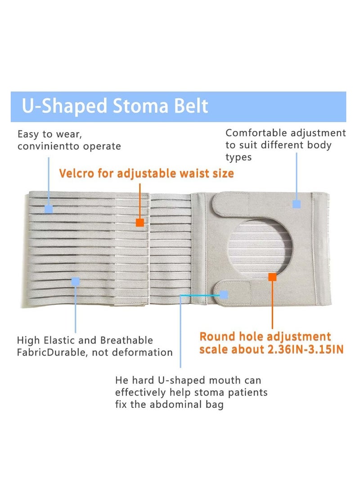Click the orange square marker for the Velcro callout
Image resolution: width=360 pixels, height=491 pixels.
[x=139, y=222]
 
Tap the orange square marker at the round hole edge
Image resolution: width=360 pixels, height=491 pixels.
[x=272, y=277]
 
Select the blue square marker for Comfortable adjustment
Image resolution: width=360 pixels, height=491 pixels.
[x=296, y=204]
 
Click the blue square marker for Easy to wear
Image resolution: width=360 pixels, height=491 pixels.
[x=49, y=209]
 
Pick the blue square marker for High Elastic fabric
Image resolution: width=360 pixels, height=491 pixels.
[x=75, y=281]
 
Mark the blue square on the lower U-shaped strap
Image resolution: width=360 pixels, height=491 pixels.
[x=224, y=294]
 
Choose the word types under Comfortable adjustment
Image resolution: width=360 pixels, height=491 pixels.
[x=238, y=157]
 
